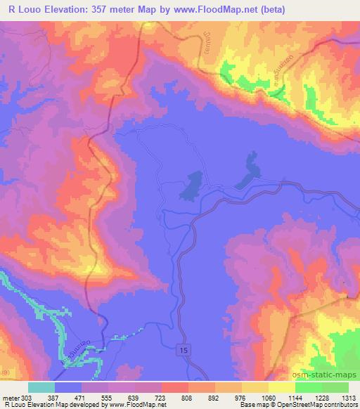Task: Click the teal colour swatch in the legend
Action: (41, 387)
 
